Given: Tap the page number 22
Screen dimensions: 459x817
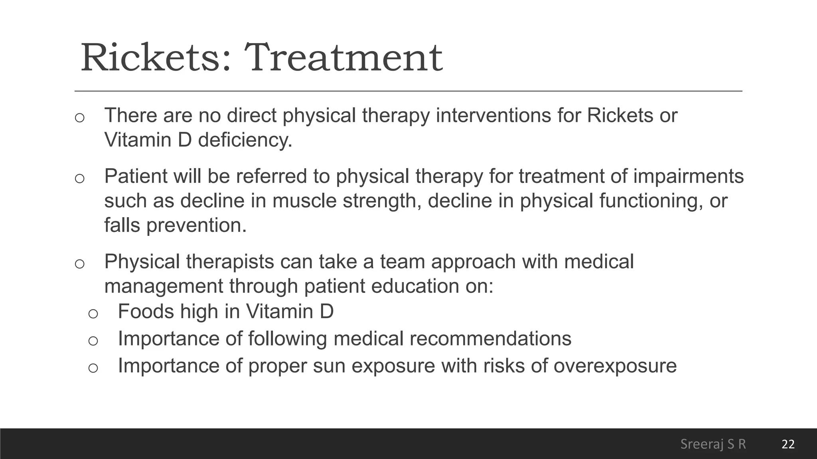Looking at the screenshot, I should coord(788,444).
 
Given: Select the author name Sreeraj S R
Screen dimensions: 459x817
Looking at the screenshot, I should coord(713,444).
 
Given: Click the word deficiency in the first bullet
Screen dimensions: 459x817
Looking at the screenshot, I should coord(245,140).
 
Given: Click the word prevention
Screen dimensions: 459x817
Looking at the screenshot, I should coord(196,225).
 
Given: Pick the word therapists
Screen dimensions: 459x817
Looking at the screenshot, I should coord(230,262).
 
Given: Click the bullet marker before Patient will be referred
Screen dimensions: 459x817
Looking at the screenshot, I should coord(79,178).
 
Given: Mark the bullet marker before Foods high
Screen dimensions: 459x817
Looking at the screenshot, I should coord(93,313).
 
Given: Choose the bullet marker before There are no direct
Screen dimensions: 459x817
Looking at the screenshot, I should coord(79,117).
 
